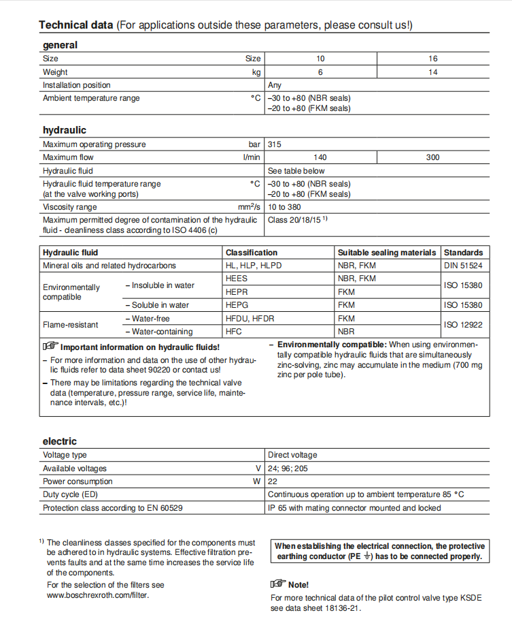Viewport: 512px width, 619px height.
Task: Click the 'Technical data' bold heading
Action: tap(75, 25)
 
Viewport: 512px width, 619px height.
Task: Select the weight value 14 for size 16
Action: tap(433, 72)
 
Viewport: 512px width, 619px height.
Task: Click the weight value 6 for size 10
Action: tap(320, 72)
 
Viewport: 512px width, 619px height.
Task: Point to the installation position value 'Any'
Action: tap(275, 85)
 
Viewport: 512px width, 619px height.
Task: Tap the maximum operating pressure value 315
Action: tap(275, 144)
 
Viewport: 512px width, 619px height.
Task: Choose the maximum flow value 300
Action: tap(433, 157)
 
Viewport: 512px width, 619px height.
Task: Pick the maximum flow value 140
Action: tap(320, 157)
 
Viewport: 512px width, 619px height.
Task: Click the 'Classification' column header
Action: tap(252, 253)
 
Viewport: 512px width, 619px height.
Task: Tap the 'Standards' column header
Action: tap(463, 253)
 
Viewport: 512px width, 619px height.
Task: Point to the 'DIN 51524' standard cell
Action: tap(463, 266)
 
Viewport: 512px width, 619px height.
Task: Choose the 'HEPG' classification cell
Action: tap(237, 305)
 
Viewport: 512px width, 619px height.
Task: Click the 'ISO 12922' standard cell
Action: tap(463, 325)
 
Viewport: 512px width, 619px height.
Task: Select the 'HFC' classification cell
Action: tap(234, 332)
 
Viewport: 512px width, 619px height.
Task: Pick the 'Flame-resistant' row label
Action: tap(71, 325)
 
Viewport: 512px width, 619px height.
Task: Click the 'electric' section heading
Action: tap(60, 441)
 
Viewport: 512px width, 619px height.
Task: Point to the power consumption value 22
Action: tap(273, 481)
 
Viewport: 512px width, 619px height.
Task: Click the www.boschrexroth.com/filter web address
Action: tap(98, 594)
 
